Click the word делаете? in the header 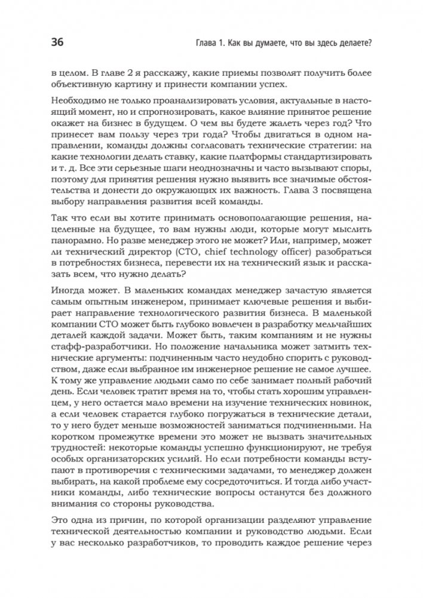tap(351, 42)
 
